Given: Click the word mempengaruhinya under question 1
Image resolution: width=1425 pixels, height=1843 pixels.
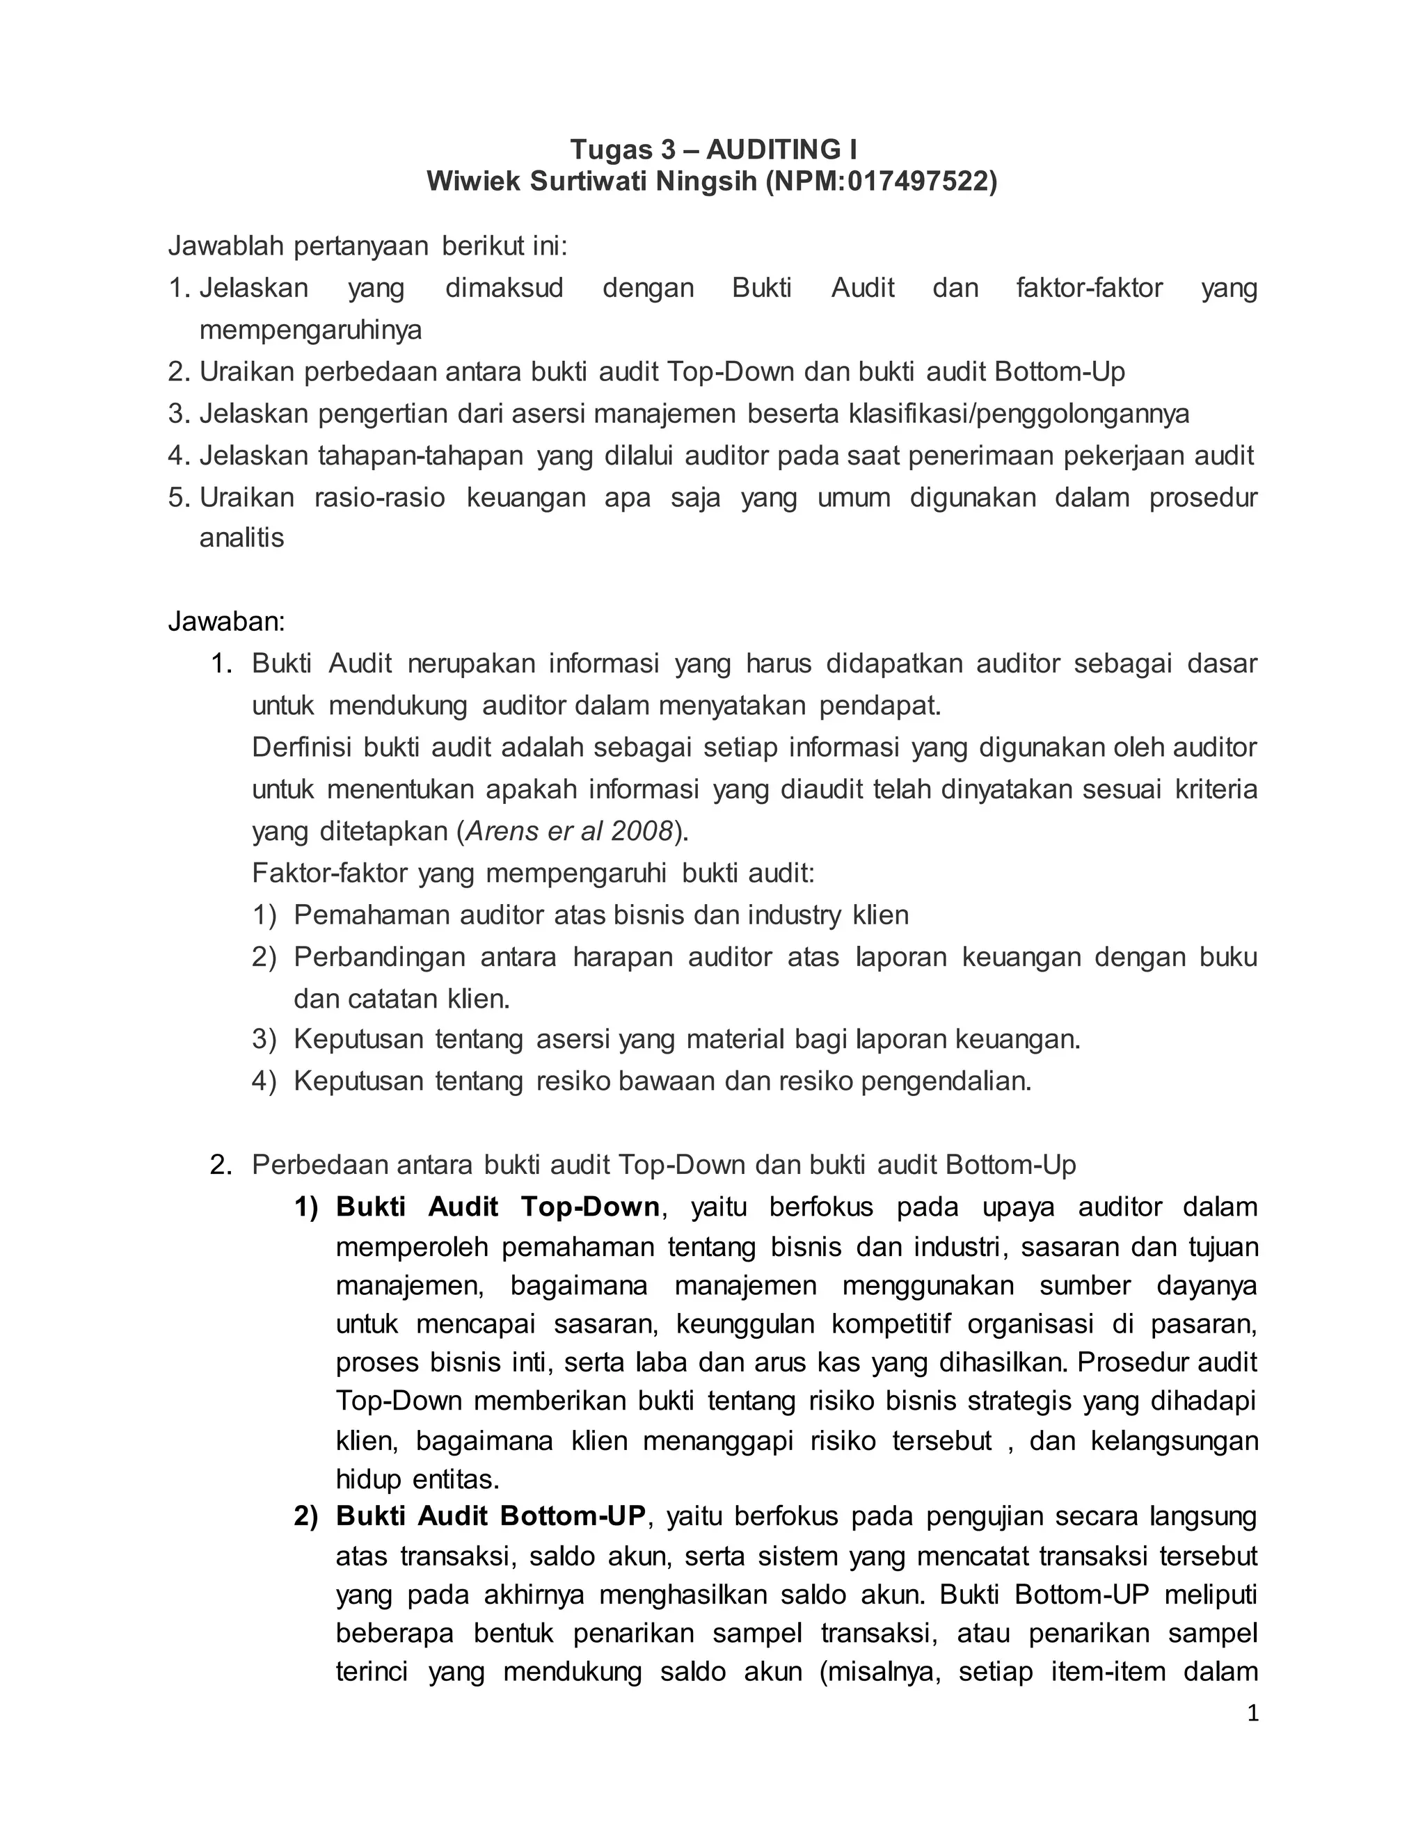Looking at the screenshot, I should (x=310, y=330).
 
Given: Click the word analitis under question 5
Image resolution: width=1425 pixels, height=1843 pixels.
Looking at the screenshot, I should (x=241, y=538).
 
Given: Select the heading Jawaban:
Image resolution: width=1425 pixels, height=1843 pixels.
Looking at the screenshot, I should (x=226, y=621).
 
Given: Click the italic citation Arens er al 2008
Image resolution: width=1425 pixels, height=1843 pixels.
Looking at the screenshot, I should (x=569, y=831).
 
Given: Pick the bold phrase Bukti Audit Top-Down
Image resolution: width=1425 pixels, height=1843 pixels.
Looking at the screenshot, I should (x=497, y=1207).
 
